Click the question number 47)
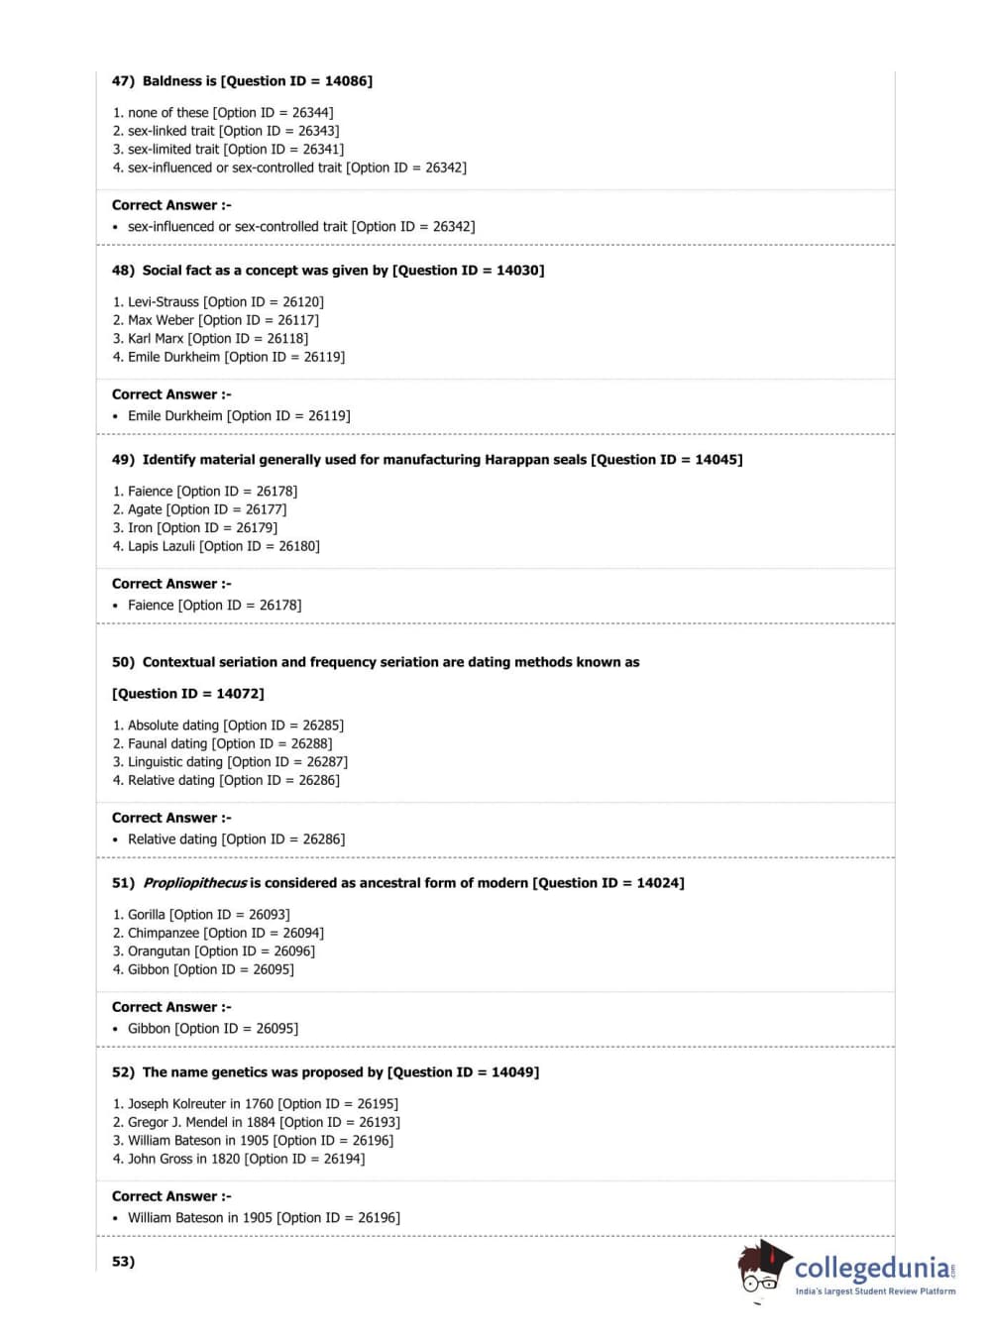tap(123, 81)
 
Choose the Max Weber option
tap(161, 320)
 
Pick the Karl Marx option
tap(156, 339)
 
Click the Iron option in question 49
tap(140, 528)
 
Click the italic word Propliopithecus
tap(194, 883)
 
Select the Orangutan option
tap(159, 951)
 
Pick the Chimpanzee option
tap(164, 934)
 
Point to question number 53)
tap(123, 1262)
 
